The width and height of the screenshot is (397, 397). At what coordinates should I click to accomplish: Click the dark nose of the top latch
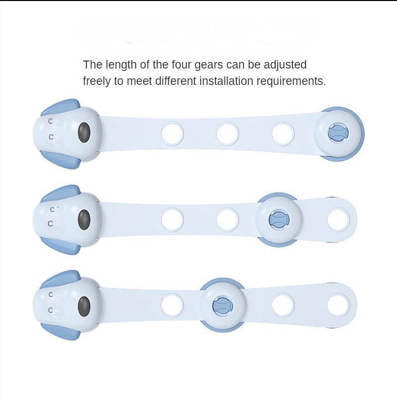84,132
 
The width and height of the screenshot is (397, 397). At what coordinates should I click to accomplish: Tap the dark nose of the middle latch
84,219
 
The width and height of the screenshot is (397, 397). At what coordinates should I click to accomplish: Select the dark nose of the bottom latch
84,306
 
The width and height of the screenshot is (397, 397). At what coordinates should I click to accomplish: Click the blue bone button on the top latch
338,132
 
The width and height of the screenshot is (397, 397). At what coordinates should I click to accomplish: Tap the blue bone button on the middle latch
278,219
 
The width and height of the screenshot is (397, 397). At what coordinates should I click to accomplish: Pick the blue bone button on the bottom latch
222,306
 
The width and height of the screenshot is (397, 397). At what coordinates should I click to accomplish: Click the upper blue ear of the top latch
61,107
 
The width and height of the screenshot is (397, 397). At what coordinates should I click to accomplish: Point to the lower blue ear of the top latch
61,160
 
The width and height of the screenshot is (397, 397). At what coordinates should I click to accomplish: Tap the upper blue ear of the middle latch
61,193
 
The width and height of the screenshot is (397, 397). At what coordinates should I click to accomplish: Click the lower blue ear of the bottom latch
61,331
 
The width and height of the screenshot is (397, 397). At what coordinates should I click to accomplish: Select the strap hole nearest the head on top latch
172,133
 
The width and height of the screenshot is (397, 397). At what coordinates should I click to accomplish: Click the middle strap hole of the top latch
228,133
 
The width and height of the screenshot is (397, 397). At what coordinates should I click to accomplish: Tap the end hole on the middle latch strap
338,220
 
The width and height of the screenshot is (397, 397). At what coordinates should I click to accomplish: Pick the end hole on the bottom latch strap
338,305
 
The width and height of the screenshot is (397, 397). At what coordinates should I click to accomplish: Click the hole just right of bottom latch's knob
283,305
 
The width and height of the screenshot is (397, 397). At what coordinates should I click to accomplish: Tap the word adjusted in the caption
285,65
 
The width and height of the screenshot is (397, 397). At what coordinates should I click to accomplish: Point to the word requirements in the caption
291,81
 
